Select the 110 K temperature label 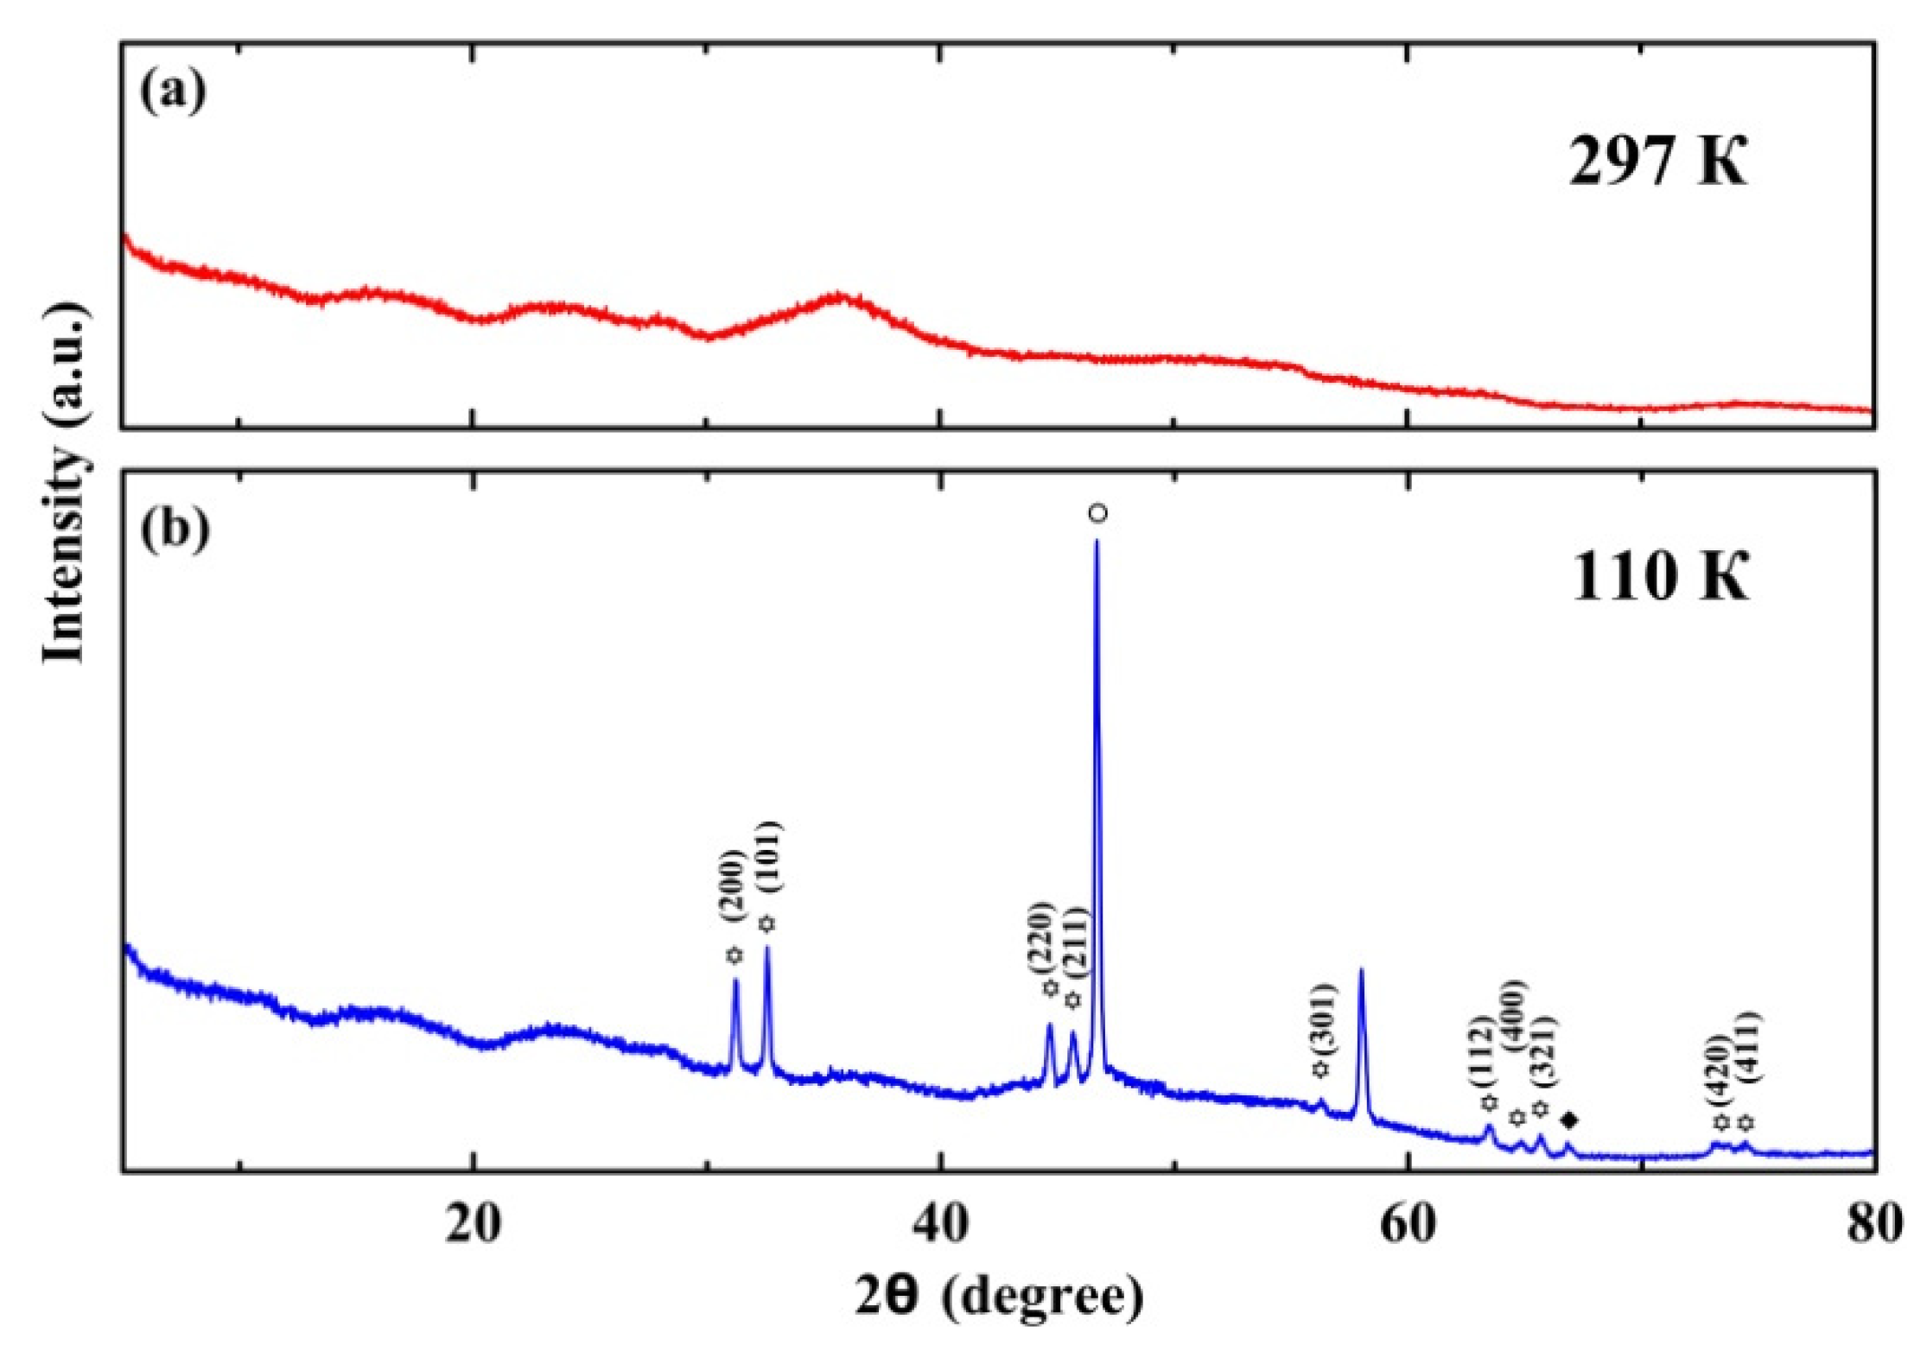click(1659, 576)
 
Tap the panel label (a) click(173, 90)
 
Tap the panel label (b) click(175, 528)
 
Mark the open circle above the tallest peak click(1097, 513)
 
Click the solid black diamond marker click(1570, 1121)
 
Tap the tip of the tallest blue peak click(1097, 541)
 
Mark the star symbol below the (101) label click(766, 924)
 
